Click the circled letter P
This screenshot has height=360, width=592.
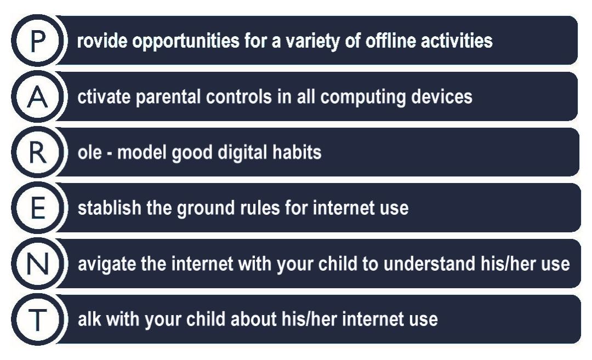coord(38,41)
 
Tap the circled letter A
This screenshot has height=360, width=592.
coord(38,96)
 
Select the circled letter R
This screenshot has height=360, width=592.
coord(38,152)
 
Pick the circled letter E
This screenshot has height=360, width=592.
coord(38,208)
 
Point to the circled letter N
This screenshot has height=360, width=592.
coord(38,264)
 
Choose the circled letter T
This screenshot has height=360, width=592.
coord(38,319)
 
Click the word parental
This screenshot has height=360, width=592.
coord(168,98)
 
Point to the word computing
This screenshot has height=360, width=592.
coord(363,98)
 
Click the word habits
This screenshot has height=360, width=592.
coord(297,152)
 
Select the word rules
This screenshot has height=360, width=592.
coord(257,208)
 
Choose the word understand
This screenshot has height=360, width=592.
coord(429,264)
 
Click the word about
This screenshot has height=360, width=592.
coord(253,319)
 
